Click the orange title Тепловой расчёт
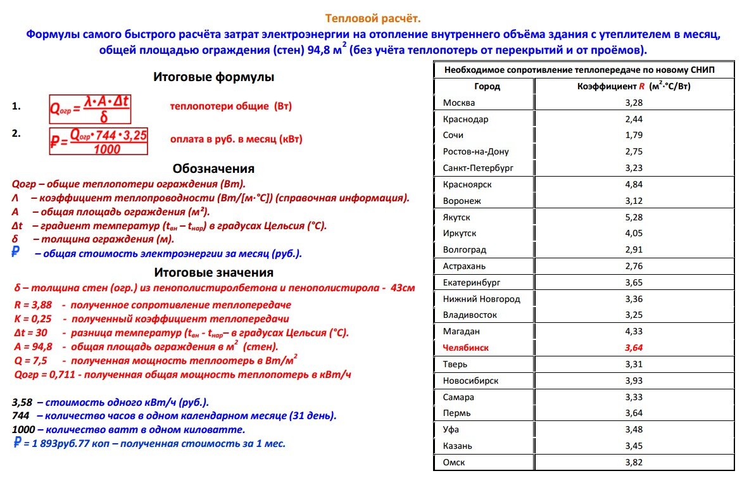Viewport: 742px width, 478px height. (373, 18)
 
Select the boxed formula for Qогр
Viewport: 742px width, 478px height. (90, 109)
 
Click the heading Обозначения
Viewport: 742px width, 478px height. (213, 168)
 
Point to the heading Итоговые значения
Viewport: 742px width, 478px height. (213, 272)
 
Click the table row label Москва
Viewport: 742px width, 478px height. (459, 103)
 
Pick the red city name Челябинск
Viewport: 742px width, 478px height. (466, 348)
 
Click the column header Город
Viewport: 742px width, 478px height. (487, 86)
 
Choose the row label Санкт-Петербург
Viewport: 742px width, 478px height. (478, 168)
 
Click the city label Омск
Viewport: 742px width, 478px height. (454, 462)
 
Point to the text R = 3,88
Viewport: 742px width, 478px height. (33, 305)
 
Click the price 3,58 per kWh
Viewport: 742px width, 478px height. (23, 402)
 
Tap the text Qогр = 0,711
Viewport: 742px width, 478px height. (44, 374)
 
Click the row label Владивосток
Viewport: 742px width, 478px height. (470, 315)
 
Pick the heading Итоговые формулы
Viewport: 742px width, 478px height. (213, 77)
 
